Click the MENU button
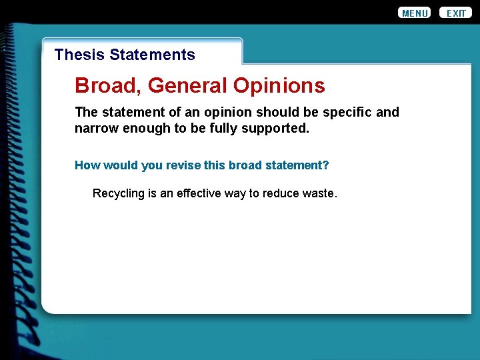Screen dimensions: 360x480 coord(414,13)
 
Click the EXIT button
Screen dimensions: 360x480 coord(456,13)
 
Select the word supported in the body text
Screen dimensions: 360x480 coord(276,128)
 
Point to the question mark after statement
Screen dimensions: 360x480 coord(326,165)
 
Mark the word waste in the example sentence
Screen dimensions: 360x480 coord(320,193)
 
